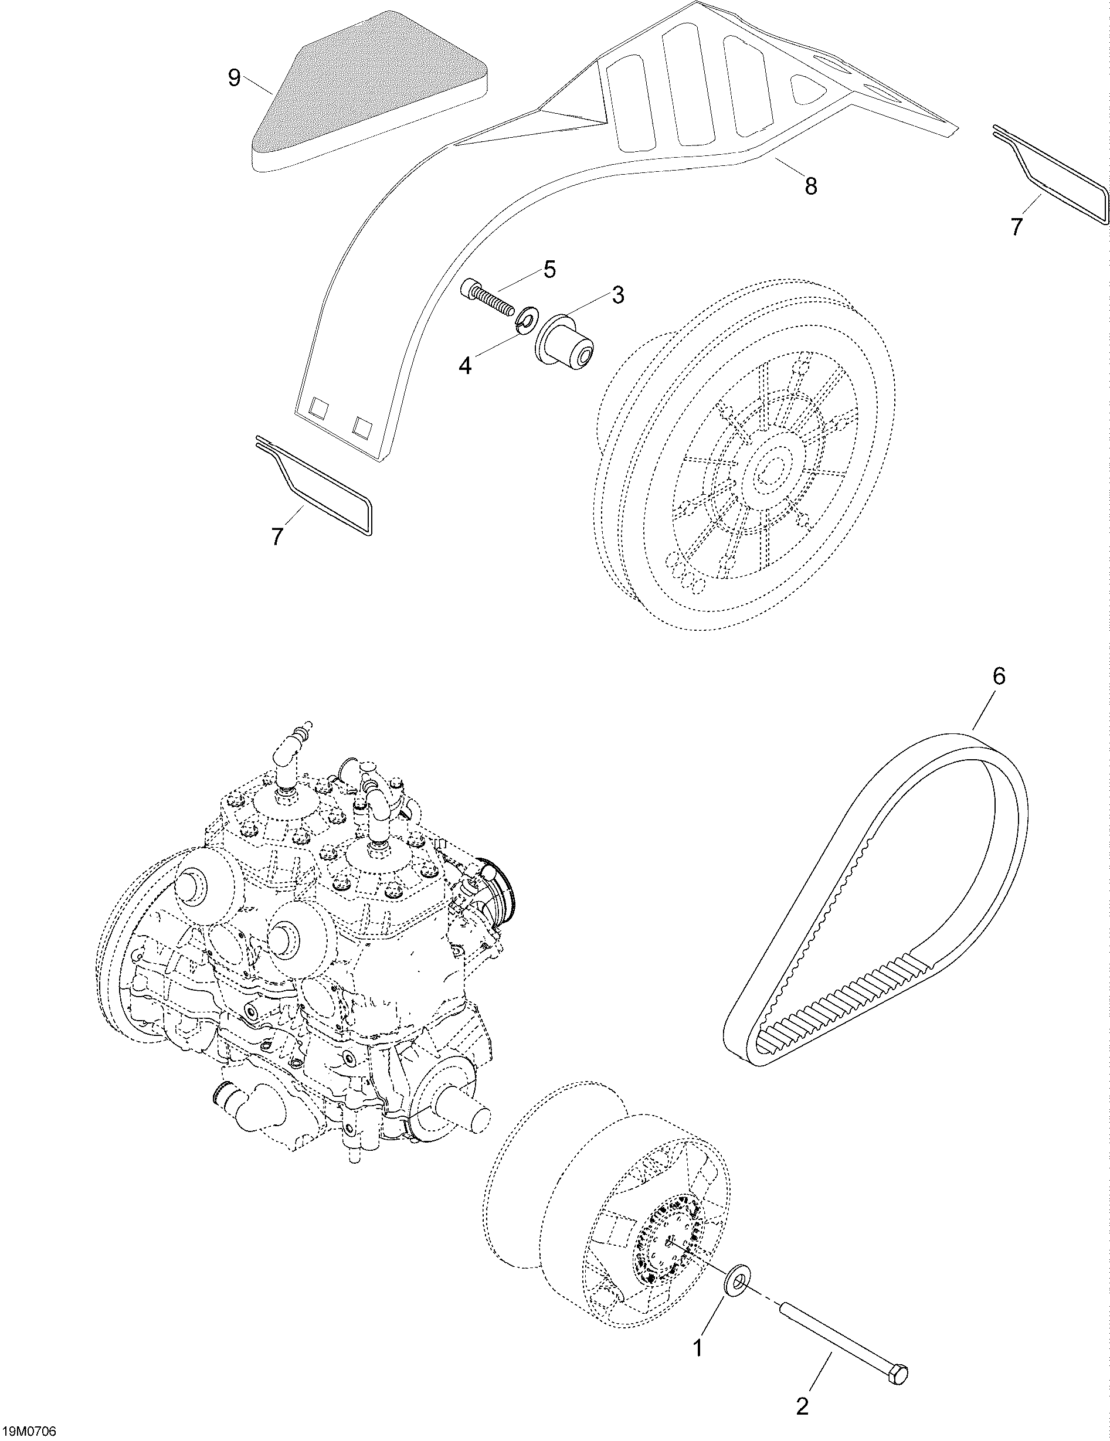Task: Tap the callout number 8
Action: pyautogui.click(x=810, y=187)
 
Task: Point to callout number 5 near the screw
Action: pyautogui.click(x=549, y=269)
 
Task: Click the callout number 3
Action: pyautogui.click(x=617, y=295)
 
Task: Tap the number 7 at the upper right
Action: pyautogui.click(x=1016, y=227)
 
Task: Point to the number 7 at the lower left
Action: pyautogui.click(x=278, y=536)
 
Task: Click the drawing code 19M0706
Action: pyautogui.click(x=29, y=1432)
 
